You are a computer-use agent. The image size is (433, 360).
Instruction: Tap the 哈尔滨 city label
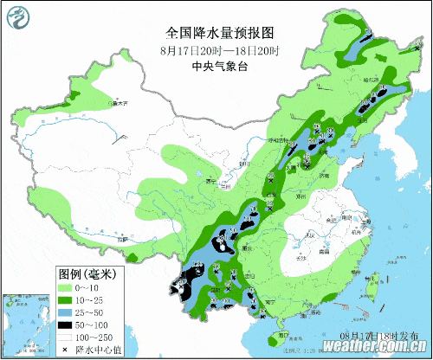(x=373, y=79)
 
